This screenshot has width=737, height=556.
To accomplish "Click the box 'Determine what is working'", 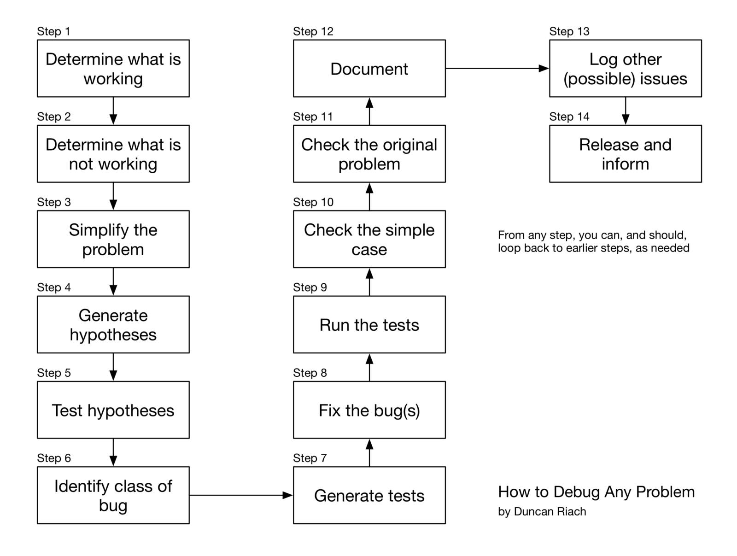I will [x=113, y=68].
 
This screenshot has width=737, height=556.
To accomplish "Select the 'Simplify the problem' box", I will [x=113, y=239].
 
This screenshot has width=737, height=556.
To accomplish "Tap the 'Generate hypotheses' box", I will [x=113, y=324].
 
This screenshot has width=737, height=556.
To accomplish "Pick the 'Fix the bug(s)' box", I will [x=369, y=410].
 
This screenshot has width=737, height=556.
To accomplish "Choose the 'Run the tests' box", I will [x=369, y=324].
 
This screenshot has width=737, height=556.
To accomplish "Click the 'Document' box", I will [x=369, y=68].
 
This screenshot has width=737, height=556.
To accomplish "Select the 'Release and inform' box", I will [x=625, y=153].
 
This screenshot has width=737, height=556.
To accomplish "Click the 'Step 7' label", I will [x=310, y=458].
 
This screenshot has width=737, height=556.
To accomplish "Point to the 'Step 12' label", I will [x=313, y=31].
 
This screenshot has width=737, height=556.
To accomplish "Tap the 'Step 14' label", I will [x=569, y=117].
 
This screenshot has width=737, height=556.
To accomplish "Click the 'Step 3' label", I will [x=54, y=202].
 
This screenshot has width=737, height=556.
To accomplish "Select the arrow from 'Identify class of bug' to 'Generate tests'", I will [x=240, y=495].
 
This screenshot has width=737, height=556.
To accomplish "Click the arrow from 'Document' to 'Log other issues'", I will [x=497, y=68].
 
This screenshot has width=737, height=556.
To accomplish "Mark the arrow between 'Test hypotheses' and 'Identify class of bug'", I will [x=113, y=452].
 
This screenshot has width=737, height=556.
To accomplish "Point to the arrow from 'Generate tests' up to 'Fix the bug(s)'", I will [x=369, y=452].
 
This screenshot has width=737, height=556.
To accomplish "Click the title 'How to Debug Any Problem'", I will [x=596, y=492].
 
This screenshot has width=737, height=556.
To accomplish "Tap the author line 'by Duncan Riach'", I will [x=542, y=511].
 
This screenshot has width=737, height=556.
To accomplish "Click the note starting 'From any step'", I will [x=593, y=241].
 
